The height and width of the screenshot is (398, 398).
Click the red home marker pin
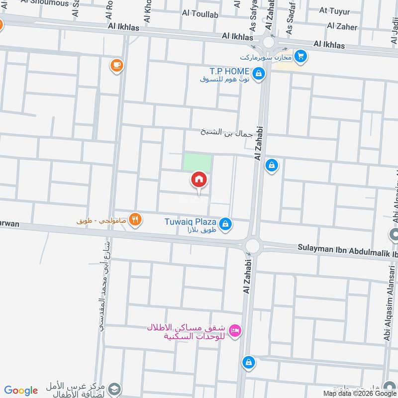click(x=199, y=180)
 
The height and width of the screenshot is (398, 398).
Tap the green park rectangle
click(x=198, y=162)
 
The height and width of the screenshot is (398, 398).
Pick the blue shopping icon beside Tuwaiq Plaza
click(x=225, y=224)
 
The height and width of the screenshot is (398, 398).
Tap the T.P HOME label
click(x=229, y=72)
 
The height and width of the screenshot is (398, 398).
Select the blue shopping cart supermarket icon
click(x=300, y=56)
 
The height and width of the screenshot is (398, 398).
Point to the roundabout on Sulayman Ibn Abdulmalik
click(x=252, y=245)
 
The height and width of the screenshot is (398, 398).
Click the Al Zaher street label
click(x=342, y=26)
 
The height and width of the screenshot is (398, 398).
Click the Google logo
click(x=21, y=391)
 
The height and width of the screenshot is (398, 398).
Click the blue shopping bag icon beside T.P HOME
click(x=258, y=75)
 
